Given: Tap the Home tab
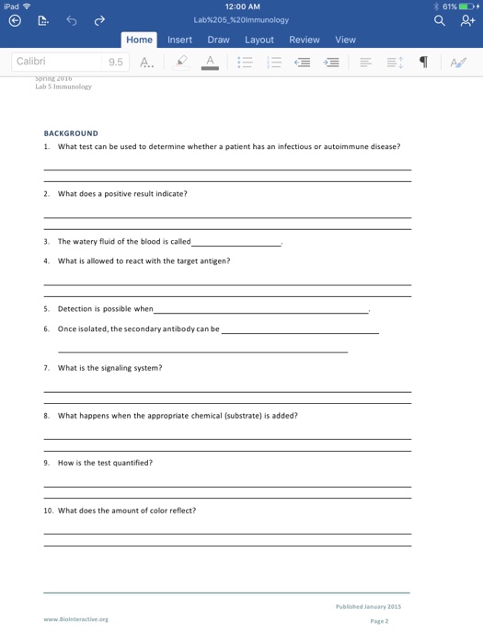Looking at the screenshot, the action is pyautogui.click(x=140, y=40).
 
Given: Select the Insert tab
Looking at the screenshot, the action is pyautogui.click(x=179, y=40).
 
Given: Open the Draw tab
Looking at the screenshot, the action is pyautogui.click(x=218, y=40).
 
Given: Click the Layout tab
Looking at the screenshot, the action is pyautogui.click(x=259, y=40).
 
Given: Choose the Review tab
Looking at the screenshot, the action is pyautogui.click(x=305, y=40).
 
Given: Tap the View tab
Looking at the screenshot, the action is pyautogui.click(x=345, y=40).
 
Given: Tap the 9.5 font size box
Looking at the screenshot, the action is pyautogui.click(x=115, y=63).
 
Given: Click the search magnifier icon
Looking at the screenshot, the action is pyautogui.click(x=441, y=19).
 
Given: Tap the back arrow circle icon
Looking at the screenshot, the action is pyautogui.click(x=13, y=19).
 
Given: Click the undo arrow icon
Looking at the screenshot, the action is pyautogui.click(x=70, y=19).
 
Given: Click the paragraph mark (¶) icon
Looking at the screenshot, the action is pyautogui.click(x=423, y=63).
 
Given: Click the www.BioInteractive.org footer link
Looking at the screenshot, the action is pyautogui.click(x=75, y=619).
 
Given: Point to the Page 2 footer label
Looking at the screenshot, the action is pyautogui.click(x=379, y=621).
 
